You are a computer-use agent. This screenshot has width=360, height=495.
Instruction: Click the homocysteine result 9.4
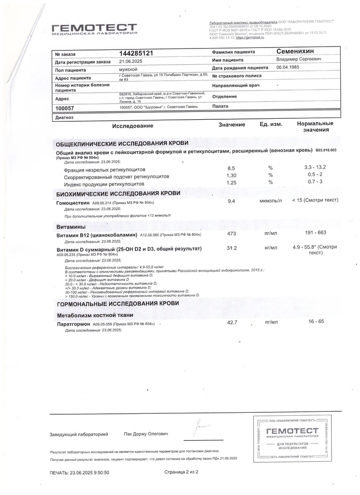tap(231, 201)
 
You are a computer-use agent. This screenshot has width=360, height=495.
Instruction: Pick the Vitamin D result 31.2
tap(231, 248)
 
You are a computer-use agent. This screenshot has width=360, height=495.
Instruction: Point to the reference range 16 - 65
tap(315, 322)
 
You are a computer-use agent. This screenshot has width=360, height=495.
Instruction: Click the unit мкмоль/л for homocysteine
tap(270, 201)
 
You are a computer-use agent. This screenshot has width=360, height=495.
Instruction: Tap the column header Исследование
tap(133, 126)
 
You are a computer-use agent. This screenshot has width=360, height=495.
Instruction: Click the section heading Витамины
tap(72, 226)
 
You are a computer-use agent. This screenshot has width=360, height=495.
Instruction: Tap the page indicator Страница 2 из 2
tap(181, 472)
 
